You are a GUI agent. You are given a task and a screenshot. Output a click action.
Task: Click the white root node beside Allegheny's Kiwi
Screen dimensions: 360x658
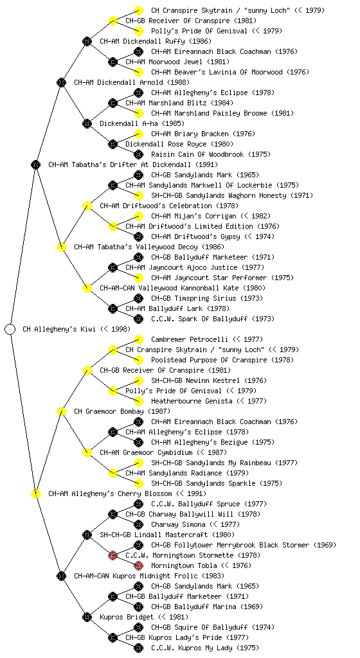pos(10,329)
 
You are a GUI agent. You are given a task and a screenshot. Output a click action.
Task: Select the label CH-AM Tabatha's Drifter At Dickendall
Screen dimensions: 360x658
pos(133,164)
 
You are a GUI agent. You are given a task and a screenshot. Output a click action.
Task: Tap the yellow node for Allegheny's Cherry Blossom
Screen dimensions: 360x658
pos(35,493)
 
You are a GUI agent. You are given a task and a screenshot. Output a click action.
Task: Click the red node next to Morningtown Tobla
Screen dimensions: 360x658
pos(138,565)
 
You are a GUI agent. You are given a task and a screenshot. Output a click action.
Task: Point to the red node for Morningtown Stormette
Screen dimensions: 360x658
pos(113,555)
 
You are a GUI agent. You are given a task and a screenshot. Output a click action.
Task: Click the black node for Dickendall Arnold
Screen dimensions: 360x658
pos(61,82)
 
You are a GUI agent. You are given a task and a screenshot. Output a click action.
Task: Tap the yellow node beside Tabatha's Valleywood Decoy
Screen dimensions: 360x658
pos(61,247)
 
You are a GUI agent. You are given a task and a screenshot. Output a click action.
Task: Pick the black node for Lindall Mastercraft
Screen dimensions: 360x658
pos(87,535)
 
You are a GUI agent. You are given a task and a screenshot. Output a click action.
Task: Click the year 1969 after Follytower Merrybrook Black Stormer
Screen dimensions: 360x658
pos(325,545)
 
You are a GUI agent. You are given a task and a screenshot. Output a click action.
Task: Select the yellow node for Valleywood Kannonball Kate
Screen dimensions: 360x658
pos(87,288)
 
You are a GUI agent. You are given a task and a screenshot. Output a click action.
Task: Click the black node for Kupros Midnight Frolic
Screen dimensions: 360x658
pos(61,576)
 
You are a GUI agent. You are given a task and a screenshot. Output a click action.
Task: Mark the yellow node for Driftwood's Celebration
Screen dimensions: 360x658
pos(87,206)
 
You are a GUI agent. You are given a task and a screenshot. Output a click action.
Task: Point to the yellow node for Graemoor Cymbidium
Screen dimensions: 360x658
pos(87,452)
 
